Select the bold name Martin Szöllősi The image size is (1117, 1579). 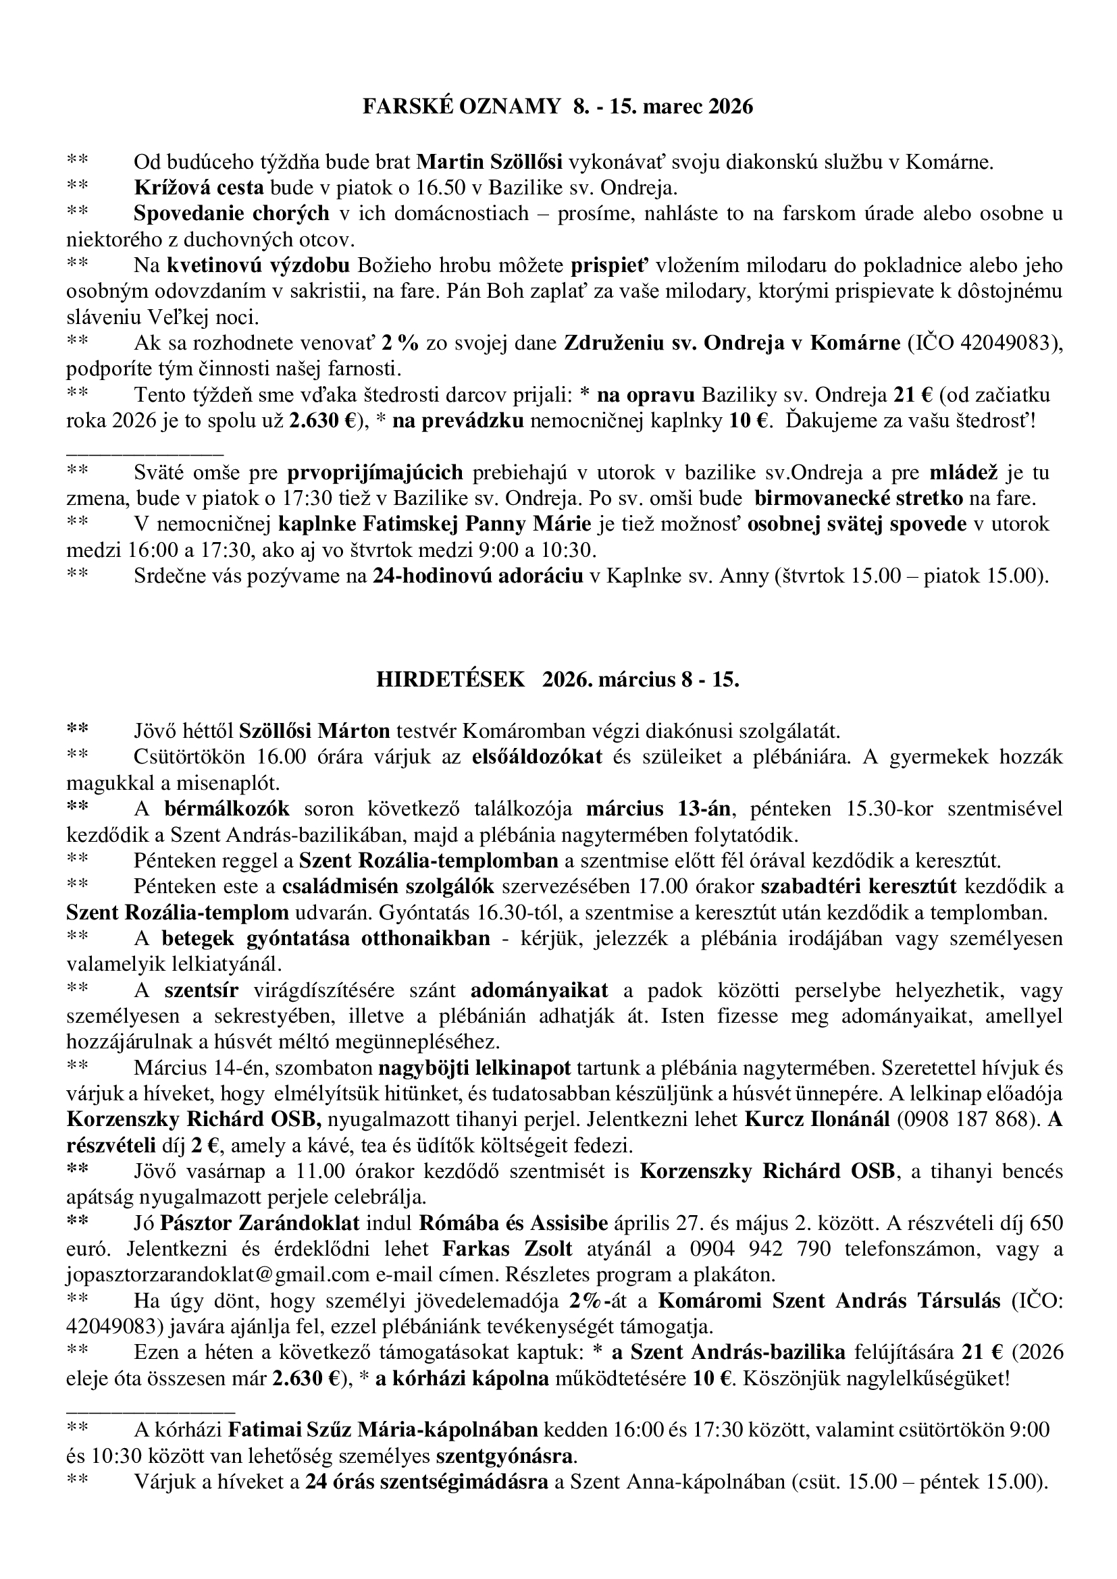(x=490, y=162)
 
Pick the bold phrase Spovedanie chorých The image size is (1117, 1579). (x=231, y=213)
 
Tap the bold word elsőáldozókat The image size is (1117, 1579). (x=537, y=757)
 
